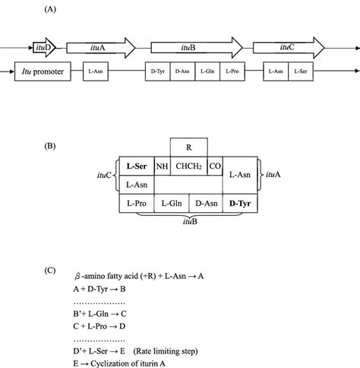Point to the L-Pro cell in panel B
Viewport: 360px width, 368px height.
click(x=136, y=203)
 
